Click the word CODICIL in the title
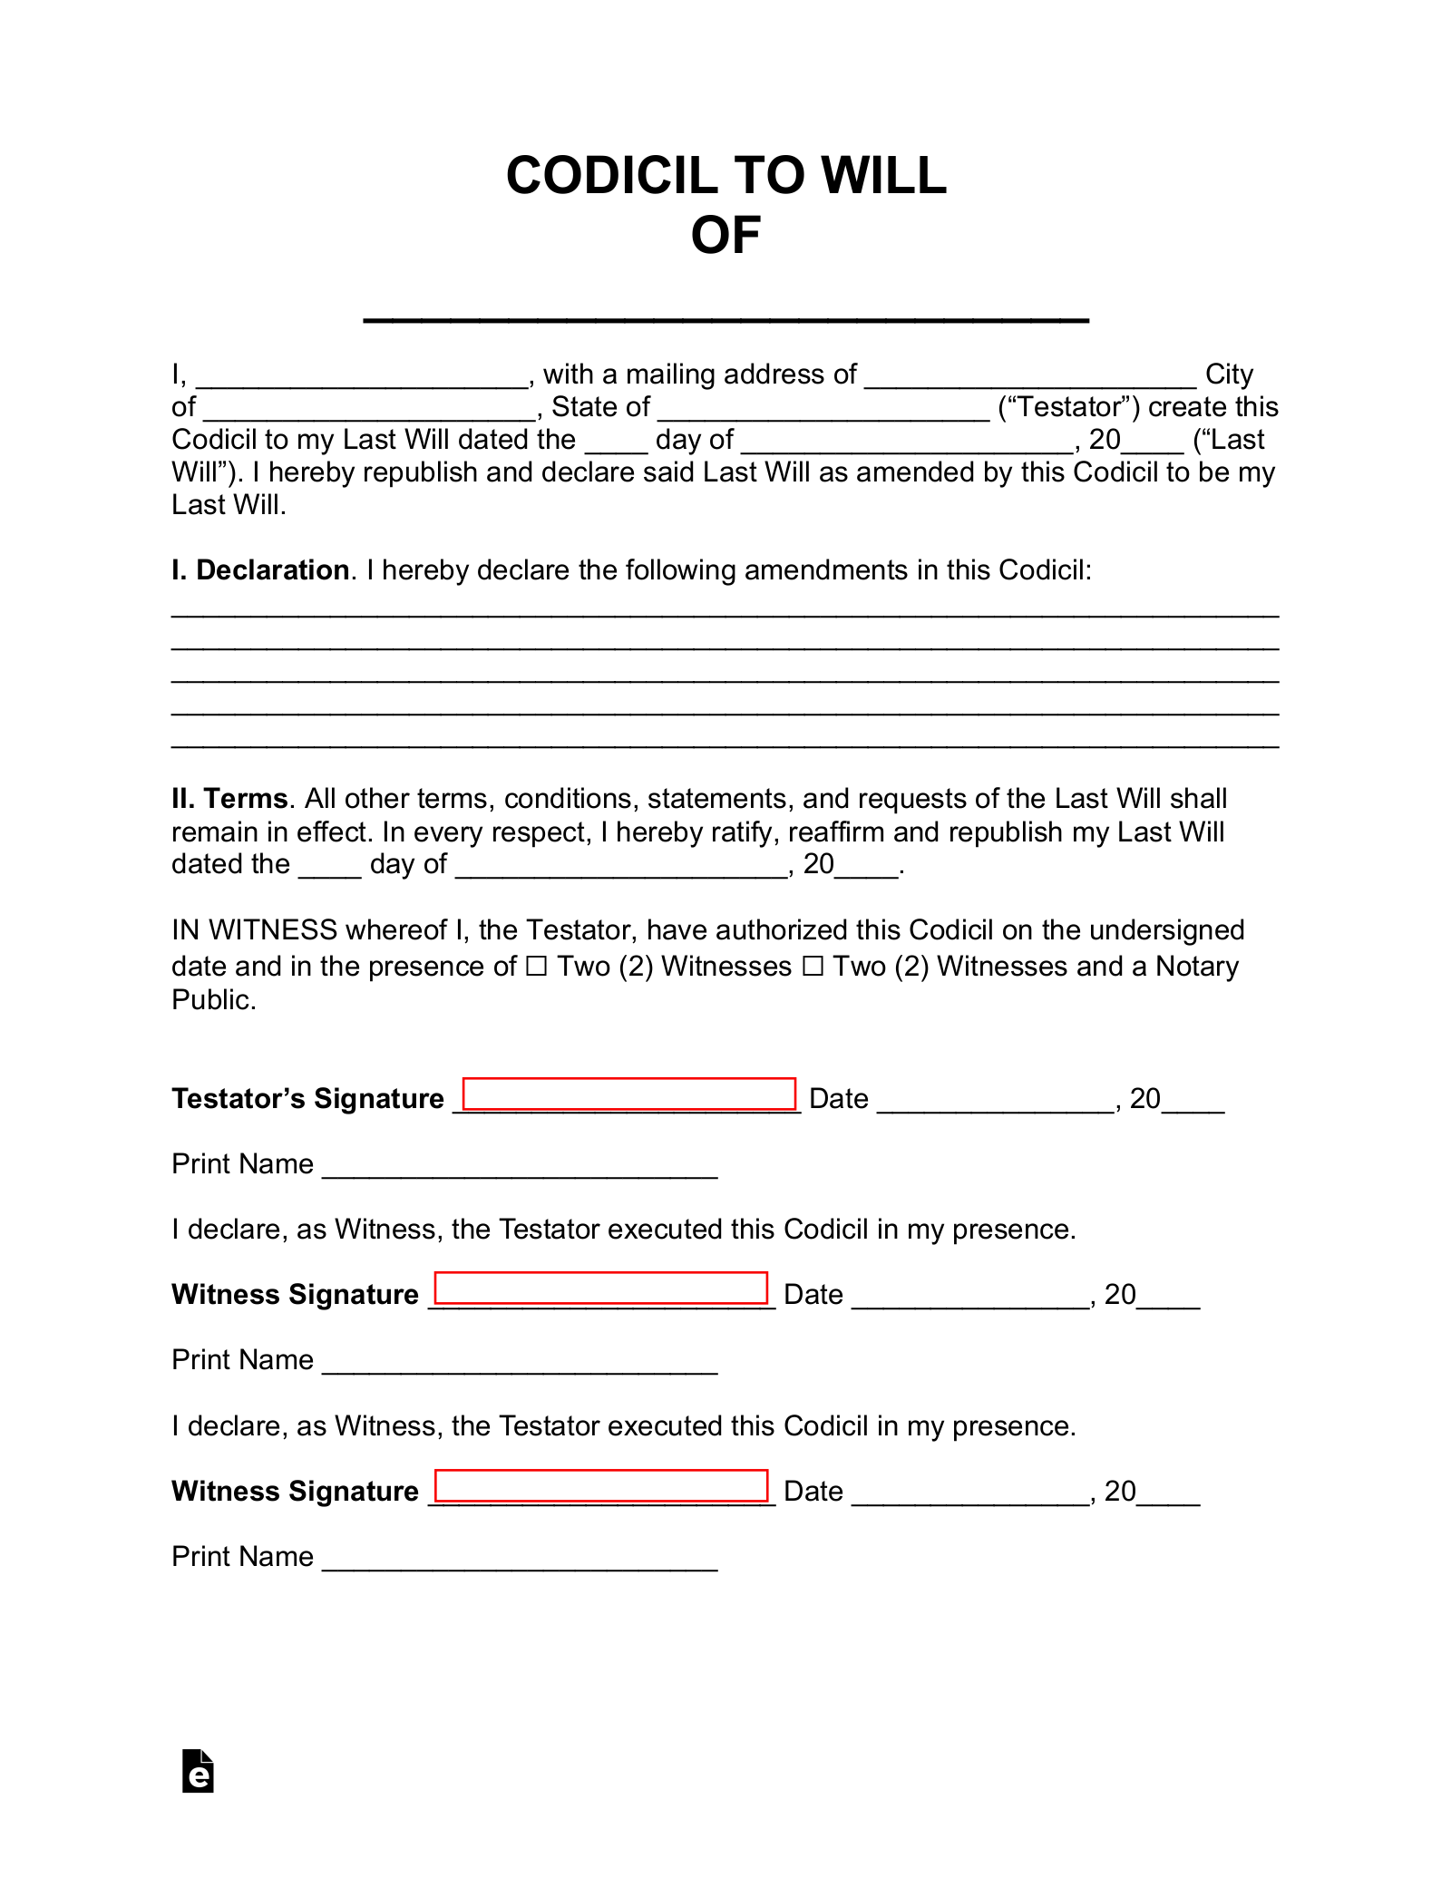click(x=610, y=175)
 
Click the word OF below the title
click(x=725, y=236)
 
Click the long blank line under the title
click(x=725, y=316)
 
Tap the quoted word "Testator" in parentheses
click(x=1070, y=407)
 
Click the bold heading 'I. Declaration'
click(x=260, y=570)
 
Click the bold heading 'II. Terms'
click(x=230, y=799)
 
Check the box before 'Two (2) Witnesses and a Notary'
click(x=813, y=968)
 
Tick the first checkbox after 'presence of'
click(x=537, y=968)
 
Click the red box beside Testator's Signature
click(x=629, y=1094)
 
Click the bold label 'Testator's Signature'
click(x=307, y=1099)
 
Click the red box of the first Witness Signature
click(x=601, y=1289)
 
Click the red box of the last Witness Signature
click(x=601, y=1485)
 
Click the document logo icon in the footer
click(x=198, y=1771)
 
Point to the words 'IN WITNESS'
click(x=255, y=930)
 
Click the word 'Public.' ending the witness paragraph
click(x=214, y=1000)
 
